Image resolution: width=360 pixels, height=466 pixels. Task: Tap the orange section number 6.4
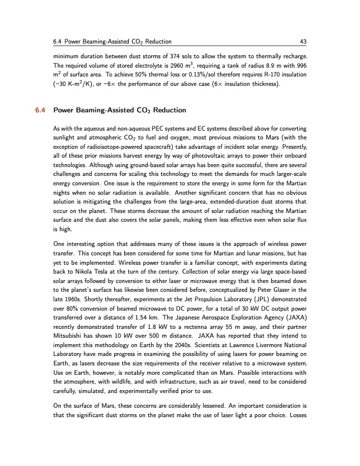(41, 110)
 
